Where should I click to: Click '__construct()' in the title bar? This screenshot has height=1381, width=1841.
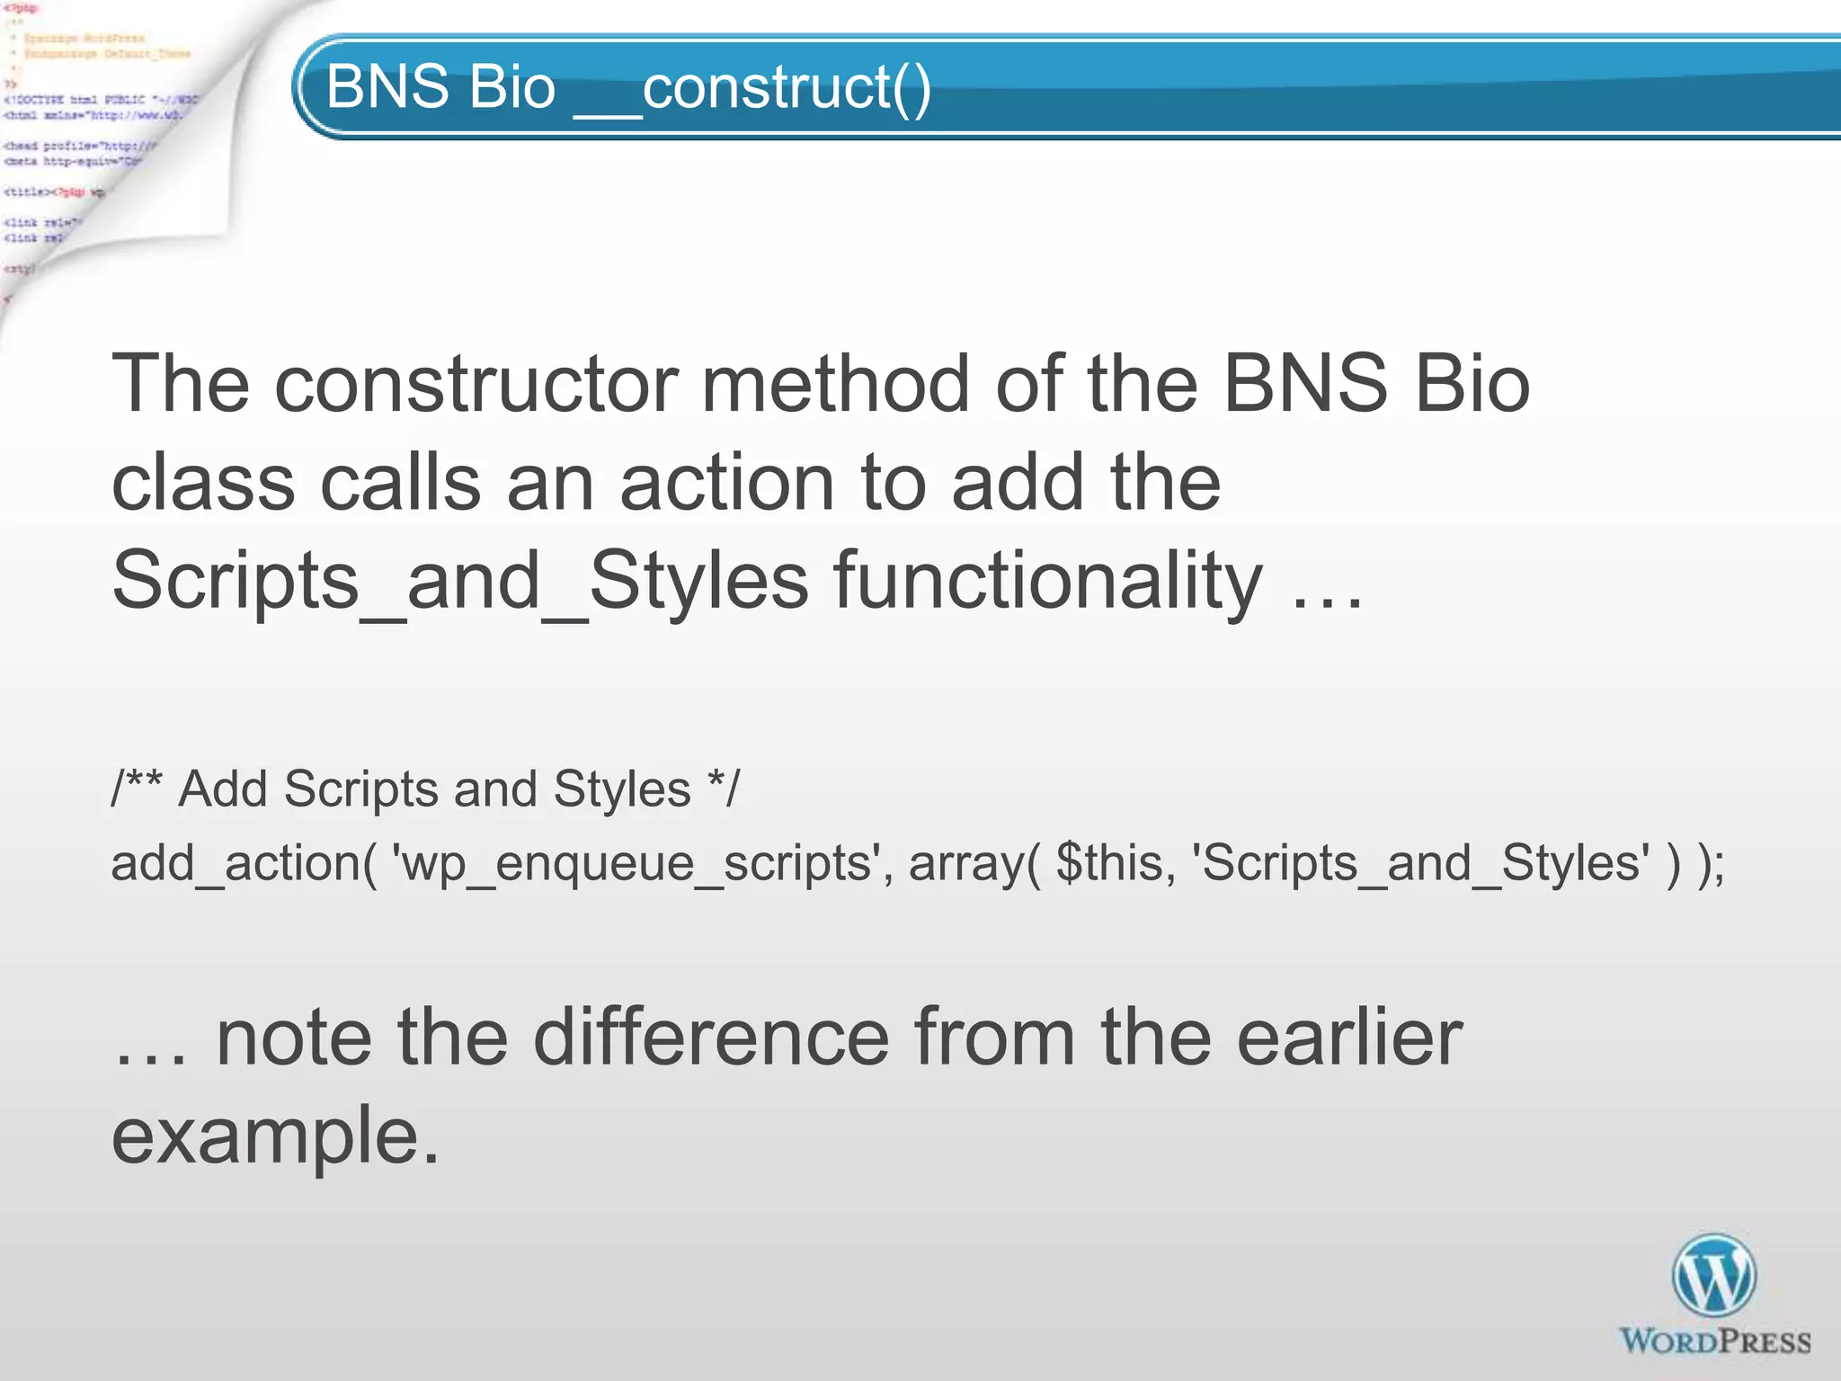752,88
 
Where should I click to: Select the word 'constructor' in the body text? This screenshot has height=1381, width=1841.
476,385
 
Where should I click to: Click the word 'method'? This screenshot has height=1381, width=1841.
835,385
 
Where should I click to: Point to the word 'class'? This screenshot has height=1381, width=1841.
203,484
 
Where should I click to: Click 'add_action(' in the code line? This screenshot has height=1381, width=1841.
244,863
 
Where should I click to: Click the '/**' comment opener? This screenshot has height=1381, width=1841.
136,789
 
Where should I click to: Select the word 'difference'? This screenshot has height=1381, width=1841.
710,1038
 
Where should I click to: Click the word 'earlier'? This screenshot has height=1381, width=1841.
1349,1038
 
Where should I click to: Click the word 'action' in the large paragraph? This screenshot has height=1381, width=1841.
727,484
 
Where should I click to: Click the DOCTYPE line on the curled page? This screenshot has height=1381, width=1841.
99,100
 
